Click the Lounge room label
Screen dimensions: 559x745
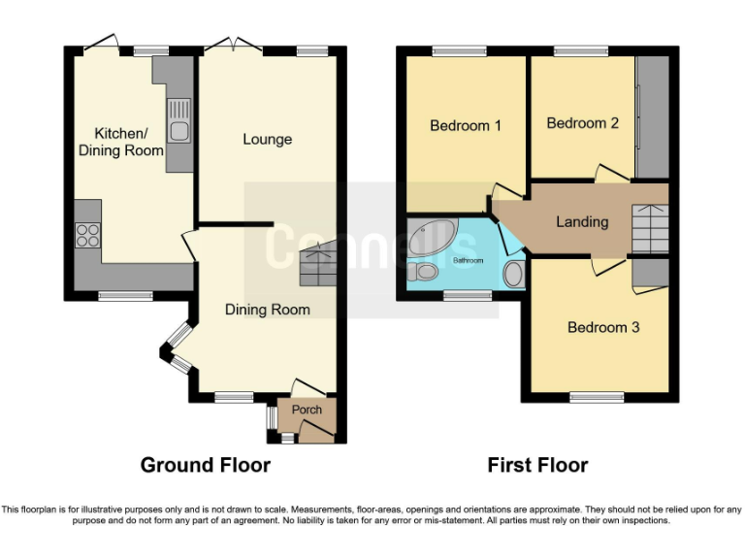pyautogui.click(x=267, y=140)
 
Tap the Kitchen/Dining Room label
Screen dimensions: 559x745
pyautogui.click(x=128, y=142)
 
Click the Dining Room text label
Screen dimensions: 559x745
pyautogui.click(x=267, y=310)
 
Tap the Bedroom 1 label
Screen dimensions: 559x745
pyautogui.click(x=466, y=125)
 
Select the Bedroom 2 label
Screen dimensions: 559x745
pyautogui.click(x=582, y=123)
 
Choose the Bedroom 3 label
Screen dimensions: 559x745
pyautogui.click(x=603, y=327)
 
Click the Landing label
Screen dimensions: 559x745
pyautogui.click(x=582, y=221)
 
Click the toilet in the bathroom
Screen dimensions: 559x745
pyautogui.click(x=514, y=274)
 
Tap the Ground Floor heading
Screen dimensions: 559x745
pyautogui.click(x=206, y=465)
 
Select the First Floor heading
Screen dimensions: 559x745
pyautogui.click(x=537, y=465)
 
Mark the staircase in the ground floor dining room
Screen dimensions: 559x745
pyautogui.click(x=319, y=264)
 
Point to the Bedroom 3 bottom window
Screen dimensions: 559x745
pyautogui.click(x=597, y=396)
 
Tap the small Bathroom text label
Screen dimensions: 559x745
pyautogui.click(x=468, y=261)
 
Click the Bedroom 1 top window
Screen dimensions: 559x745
pyautogui.click(x=459, y=50)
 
